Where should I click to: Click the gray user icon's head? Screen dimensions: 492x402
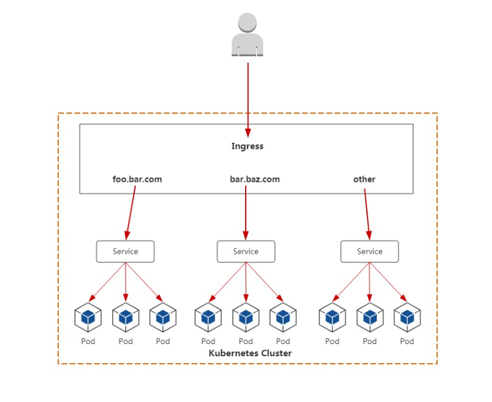click(248, 23)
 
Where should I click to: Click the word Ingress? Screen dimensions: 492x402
click(248, 146)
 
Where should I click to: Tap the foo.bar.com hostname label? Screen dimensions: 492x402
click(137, 179)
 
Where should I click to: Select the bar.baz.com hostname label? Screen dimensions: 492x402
click(255, 179)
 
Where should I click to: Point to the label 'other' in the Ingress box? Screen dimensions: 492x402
click(365, 179)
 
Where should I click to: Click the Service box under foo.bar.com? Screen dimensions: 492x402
click(125, 251)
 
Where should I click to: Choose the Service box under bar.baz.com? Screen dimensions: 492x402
click(246, 251)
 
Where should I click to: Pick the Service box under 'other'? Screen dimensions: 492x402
click(369, 251)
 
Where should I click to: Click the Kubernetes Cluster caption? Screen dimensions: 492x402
click(250, 353)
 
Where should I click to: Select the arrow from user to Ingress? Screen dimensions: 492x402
click(248, 100)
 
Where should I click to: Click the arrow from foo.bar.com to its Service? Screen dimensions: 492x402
click(131, 213)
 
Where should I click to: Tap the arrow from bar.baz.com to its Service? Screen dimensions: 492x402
click(246, 213)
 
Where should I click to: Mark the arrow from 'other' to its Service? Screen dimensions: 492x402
click(367, 215)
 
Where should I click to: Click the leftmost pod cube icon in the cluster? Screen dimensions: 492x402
click(88, 317)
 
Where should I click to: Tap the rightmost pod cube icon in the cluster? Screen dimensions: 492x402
click(407, 317)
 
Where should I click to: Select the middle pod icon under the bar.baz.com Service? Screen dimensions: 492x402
click(246, 317)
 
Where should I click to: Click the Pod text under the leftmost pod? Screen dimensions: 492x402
click(88, 341)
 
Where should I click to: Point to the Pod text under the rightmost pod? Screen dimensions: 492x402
click(407, 341)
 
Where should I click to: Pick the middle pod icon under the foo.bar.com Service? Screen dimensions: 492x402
click(126, 317)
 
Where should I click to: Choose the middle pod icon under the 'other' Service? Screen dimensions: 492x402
click(369, 317)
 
